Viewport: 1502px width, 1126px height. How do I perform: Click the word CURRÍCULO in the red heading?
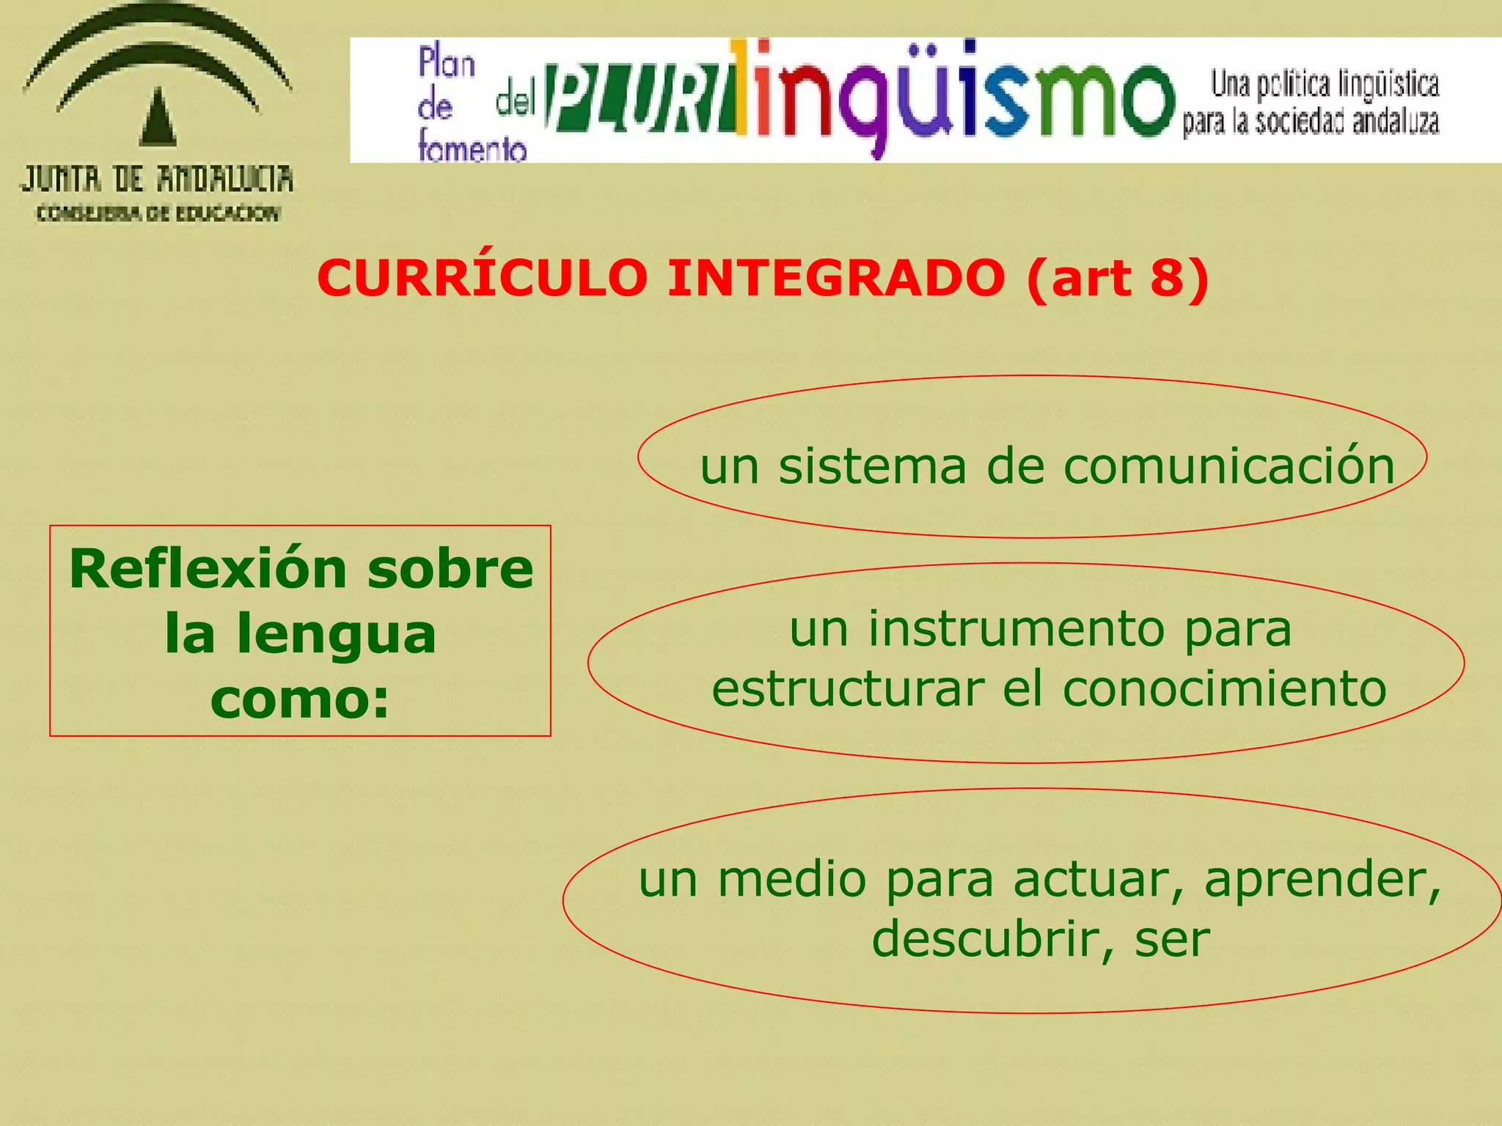click(482, 279)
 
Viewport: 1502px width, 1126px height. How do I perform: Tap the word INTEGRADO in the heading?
click(835, 279)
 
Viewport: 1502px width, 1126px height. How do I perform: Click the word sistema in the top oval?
click(872, 466)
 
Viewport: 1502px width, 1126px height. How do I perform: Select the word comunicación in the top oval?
click(1228, 466)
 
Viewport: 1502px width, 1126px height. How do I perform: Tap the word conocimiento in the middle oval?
click(1224, 689)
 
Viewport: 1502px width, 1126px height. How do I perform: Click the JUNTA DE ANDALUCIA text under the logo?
click(157, 179)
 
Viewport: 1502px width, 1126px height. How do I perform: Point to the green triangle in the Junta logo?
click(158, 117)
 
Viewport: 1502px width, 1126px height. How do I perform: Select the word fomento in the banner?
click(472, 148)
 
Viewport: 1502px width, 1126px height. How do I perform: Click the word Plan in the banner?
click(447, 63)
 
